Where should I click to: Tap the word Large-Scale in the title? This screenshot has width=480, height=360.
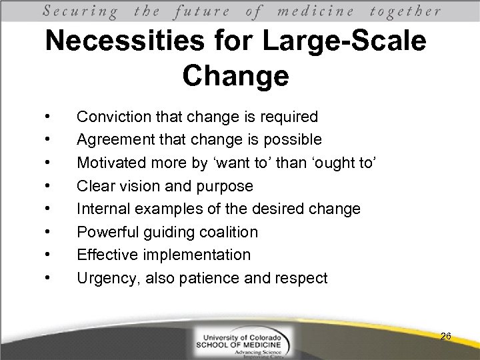coord(343,42)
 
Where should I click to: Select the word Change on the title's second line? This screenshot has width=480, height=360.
coord(235,76)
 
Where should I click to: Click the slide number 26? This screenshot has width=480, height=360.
coord(446,337)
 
